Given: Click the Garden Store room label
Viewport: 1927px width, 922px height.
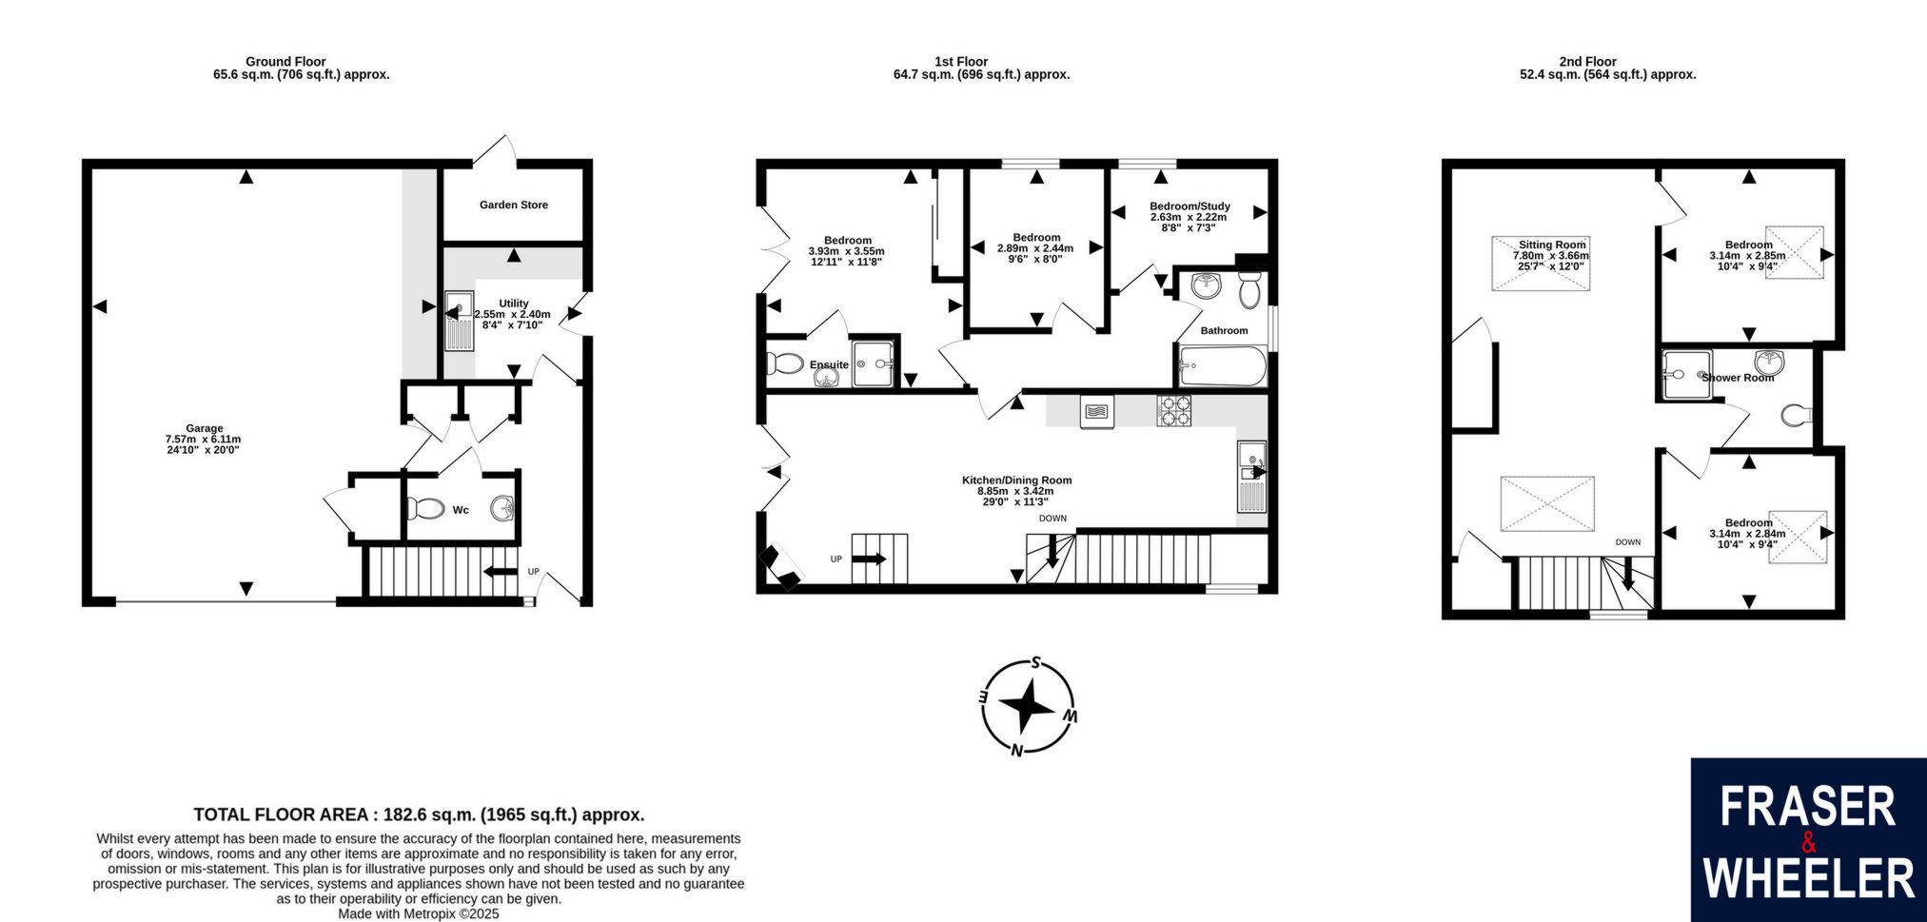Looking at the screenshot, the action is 513,205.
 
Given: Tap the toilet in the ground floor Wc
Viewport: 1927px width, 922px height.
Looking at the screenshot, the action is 429,509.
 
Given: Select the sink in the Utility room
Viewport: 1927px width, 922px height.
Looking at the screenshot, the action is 459,321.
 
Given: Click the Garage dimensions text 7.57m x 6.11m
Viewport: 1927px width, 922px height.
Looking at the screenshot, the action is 203,440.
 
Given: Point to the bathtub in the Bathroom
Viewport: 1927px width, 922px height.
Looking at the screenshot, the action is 1223,366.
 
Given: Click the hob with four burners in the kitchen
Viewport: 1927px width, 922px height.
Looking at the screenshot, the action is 1173,410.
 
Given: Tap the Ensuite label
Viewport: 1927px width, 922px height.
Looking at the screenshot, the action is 829,364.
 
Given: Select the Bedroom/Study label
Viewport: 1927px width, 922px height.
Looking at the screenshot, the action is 1190,206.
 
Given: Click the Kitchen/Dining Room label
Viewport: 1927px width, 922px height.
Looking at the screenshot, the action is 1016,481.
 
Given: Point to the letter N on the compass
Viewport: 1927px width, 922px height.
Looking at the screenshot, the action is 1016,750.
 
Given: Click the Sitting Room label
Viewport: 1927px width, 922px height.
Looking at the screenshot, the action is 1552,245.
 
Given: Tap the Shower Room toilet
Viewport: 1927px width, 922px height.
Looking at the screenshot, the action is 1795,415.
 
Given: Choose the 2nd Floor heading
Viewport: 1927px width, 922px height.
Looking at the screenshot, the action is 1588,62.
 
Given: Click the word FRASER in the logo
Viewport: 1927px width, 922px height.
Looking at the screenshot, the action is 1808,807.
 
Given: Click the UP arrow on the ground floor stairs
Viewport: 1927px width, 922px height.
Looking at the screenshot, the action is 501,572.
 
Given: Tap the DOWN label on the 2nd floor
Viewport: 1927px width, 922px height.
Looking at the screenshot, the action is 1628,542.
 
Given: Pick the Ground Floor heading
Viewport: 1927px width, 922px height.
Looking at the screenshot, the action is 285,62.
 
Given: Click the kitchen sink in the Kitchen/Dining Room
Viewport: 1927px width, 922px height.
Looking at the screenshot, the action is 1251,476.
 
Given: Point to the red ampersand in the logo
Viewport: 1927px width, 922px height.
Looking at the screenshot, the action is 1808,843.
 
